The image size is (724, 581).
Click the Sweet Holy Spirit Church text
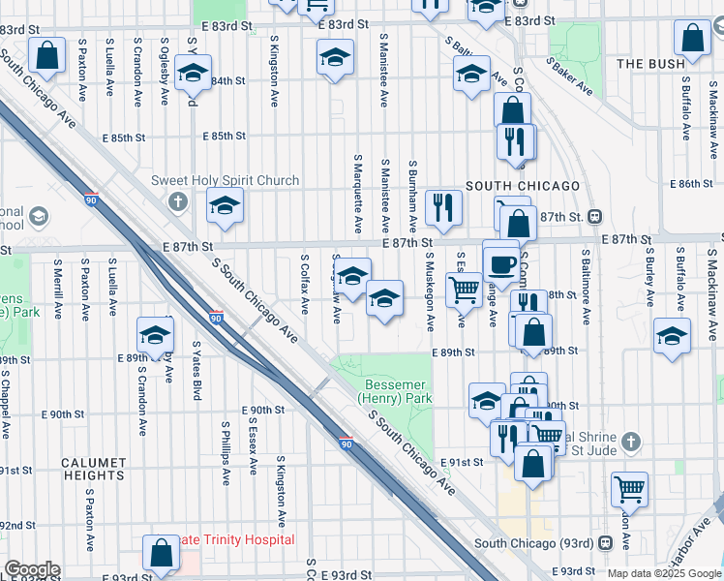[x=225, y=180]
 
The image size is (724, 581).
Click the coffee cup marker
[x=500, y=262]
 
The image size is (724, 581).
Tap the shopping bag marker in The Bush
[x=692, y=42]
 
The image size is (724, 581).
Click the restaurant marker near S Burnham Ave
[x=443, y=207]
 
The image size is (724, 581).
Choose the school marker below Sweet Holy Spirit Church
[x=225, y=206]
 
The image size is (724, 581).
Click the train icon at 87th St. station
[x=597, y=217]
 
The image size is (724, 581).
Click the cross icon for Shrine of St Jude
[x=630, y=442]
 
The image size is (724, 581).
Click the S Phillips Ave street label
[x=226, y=452]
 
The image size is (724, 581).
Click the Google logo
[x=32, y=569]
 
